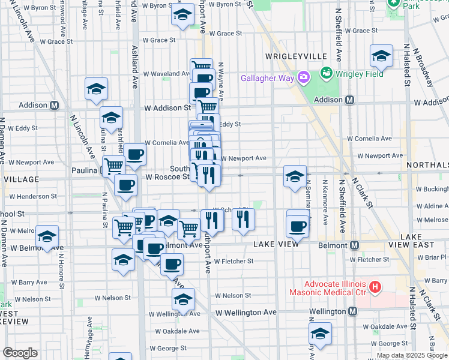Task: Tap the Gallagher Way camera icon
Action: (304, 77)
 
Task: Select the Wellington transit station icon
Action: (353, 311)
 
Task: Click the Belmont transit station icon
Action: (355, 245)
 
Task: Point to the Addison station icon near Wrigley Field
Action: (348, 100)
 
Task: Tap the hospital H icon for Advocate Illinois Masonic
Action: (375, 287)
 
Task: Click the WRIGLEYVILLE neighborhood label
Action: (297, 56)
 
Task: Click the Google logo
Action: (20, 353)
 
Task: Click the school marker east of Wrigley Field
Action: (381, 57)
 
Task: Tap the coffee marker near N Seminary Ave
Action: (298, 226)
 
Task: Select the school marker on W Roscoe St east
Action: (295, 177)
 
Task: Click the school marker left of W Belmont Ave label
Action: (47, 236)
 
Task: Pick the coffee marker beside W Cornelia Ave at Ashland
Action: (134, 154)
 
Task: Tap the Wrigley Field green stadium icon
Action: (327, 73)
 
